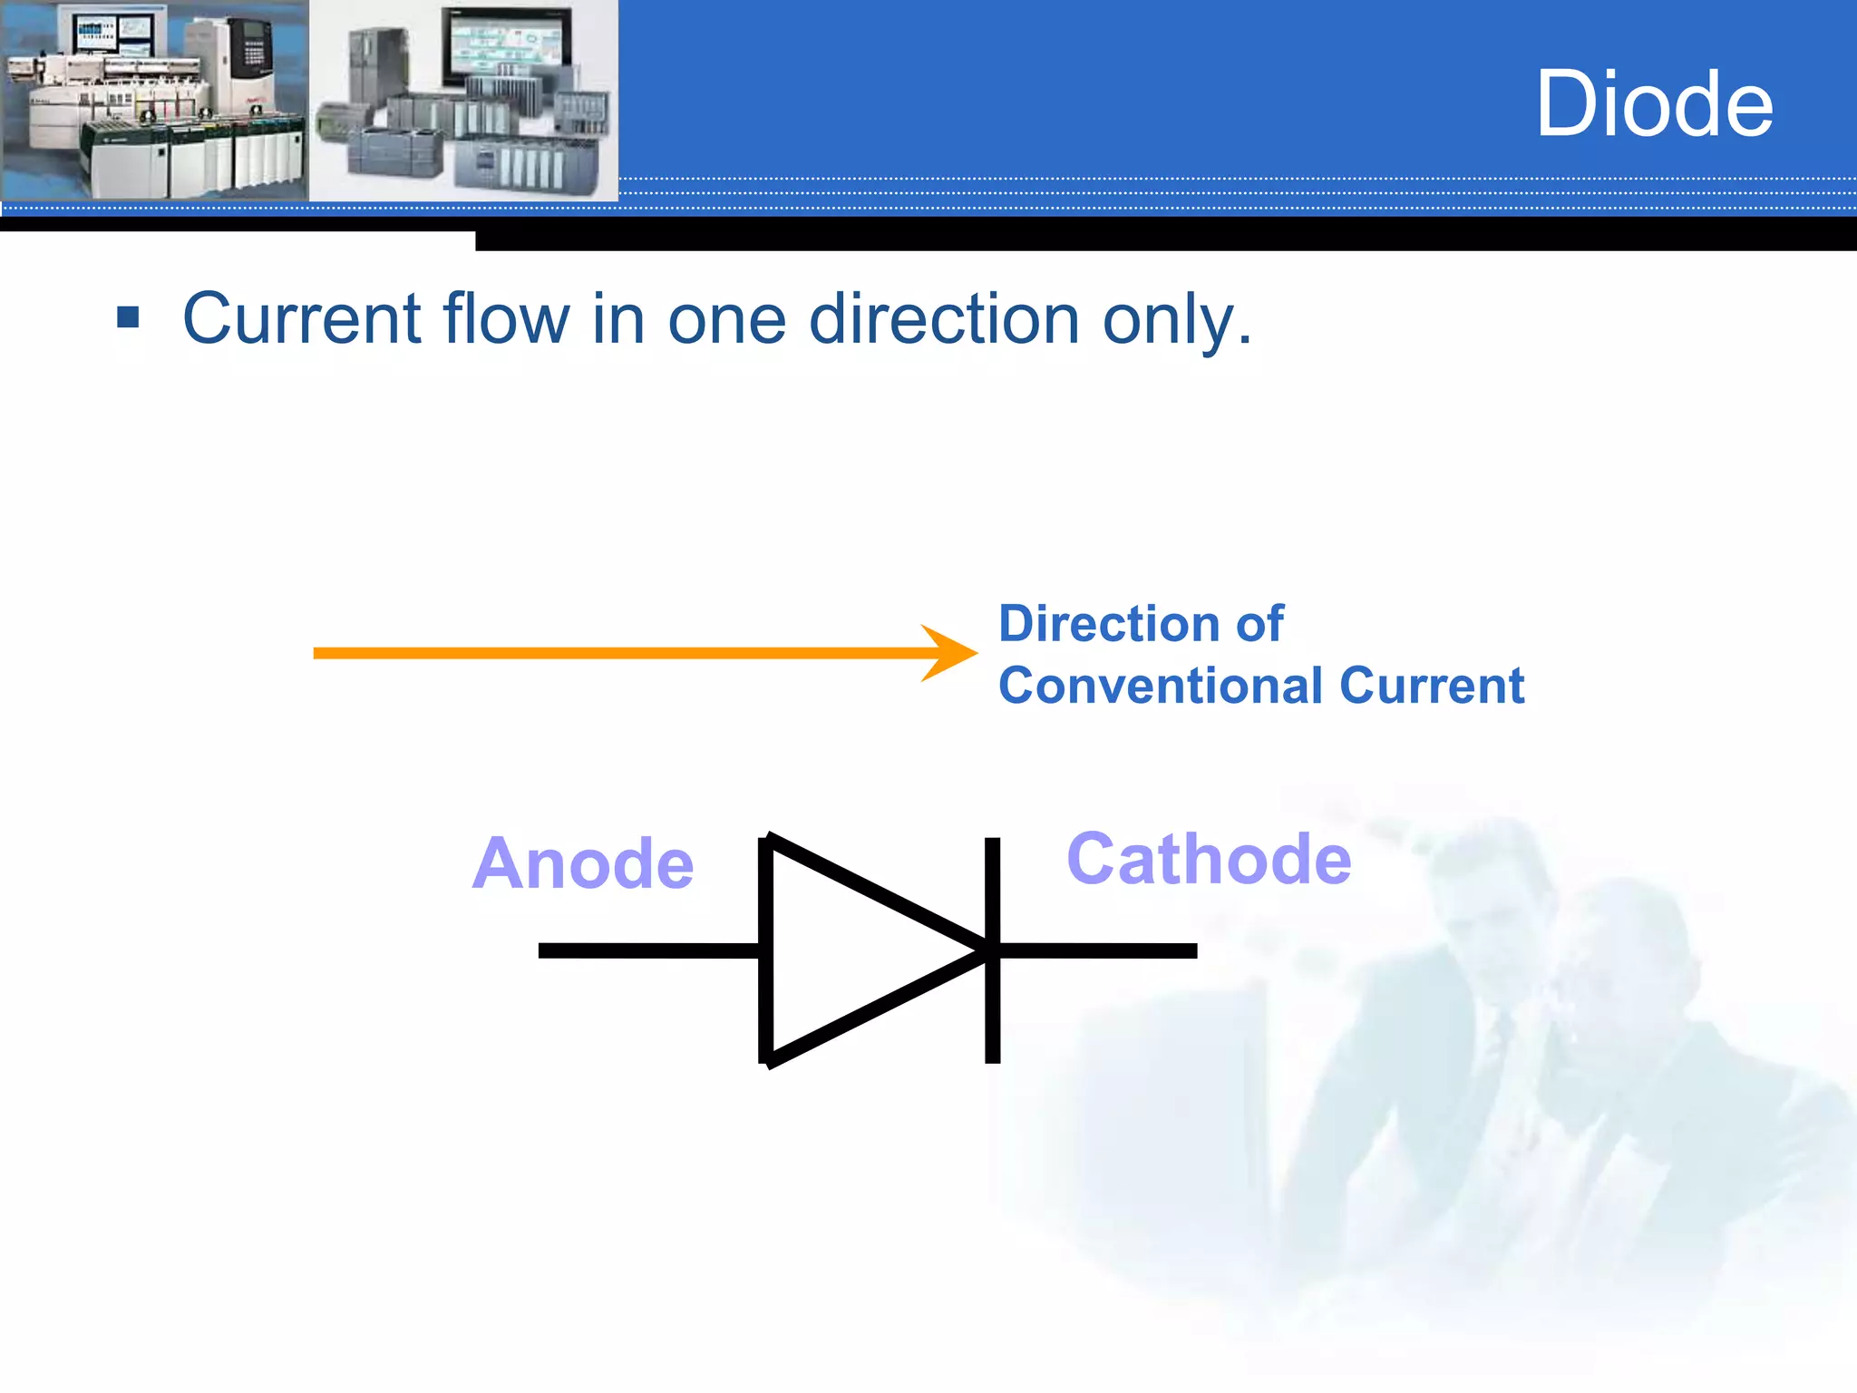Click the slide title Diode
(x=1654, y=104)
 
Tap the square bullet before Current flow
(x=128, y=317)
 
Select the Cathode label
(x=1208, y=859)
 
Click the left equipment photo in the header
(x=154, y=100)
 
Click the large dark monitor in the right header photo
(x=506, y=47)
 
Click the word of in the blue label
(x=1259, y=624)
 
